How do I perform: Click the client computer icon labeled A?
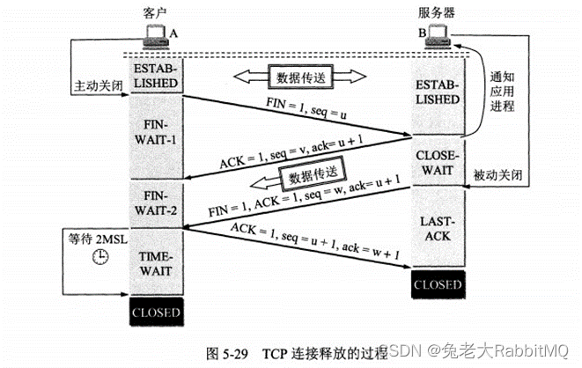coord(156,37)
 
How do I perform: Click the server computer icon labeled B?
coord(438,37)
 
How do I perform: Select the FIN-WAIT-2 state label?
coord(156,203)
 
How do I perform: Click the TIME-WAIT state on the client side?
coord(156,264)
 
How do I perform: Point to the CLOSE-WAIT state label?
coord(438,163)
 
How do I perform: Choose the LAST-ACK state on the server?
coord(438,229)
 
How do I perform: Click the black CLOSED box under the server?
coord(438,284)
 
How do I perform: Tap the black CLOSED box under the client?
coord(156,313)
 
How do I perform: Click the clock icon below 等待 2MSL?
coord(100,256)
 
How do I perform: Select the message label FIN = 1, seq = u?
coord(306,108)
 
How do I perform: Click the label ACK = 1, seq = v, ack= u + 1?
coord(291,151)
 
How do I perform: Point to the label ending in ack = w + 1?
coord(315,240)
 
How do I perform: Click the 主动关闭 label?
coord(99,85)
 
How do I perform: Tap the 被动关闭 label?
coord(497,174)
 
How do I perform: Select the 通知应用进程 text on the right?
coord(502,92)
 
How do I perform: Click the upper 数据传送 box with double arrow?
coord(300,77)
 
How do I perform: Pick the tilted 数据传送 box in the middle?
coord(313,174)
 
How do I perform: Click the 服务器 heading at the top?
coord(437,13)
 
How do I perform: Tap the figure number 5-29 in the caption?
coord(236,354)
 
